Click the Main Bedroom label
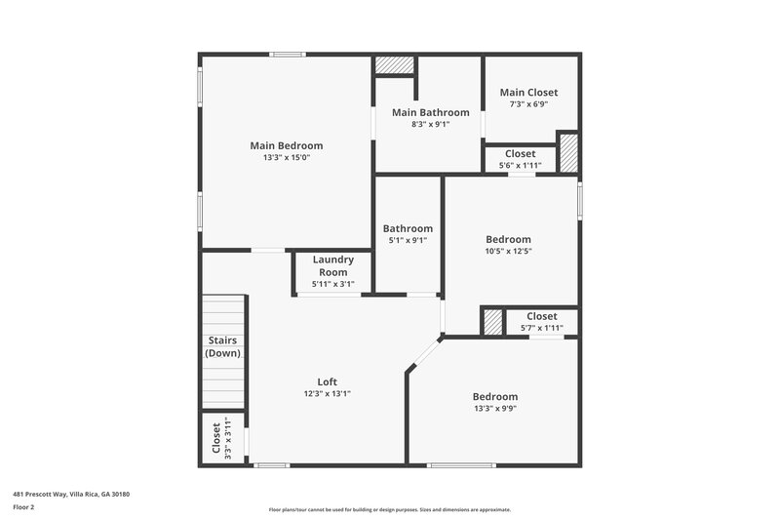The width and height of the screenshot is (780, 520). [286, 145]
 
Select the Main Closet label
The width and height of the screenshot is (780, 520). [528, 93]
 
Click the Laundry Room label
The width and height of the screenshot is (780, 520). [332, 265]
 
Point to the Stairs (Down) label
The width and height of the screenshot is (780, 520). [222, 346]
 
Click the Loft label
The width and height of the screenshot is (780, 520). [327, 381]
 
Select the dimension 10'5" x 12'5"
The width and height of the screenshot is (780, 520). [508, 251]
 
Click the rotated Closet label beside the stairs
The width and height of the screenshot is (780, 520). [216, 437]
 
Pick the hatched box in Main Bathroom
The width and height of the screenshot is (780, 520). [395, 65]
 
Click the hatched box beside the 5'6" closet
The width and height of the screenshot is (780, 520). [568, 153]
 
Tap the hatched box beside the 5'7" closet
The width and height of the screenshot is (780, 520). [493, 321]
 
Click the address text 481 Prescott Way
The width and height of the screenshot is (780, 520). [70, 494]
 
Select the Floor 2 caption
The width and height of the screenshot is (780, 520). [23, 507]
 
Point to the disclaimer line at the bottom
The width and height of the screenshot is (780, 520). [389, 509]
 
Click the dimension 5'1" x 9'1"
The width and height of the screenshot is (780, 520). [408, 240]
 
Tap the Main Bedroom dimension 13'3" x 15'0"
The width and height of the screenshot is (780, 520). [286, 157]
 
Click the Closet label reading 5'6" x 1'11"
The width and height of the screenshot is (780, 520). [520, 153]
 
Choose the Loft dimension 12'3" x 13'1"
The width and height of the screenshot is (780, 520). [327, 393]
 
